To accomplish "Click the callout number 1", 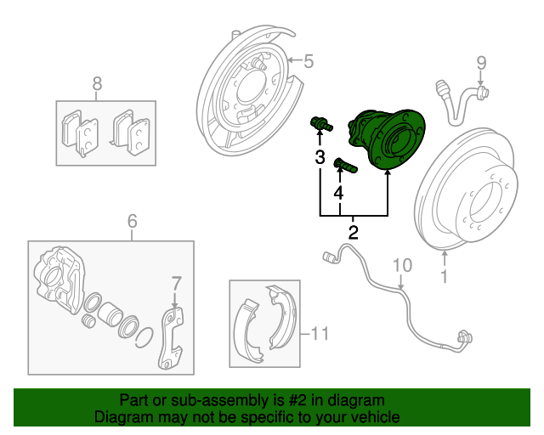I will tap(444, 277).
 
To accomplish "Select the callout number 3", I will tap(320, 157).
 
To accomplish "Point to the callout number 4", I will tap(338, 194).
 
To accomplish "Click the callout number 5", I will tap(309, 60).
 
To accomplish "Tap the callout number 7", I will tap(176, 283).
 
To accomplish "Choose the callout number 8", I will tap(96, 83).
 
